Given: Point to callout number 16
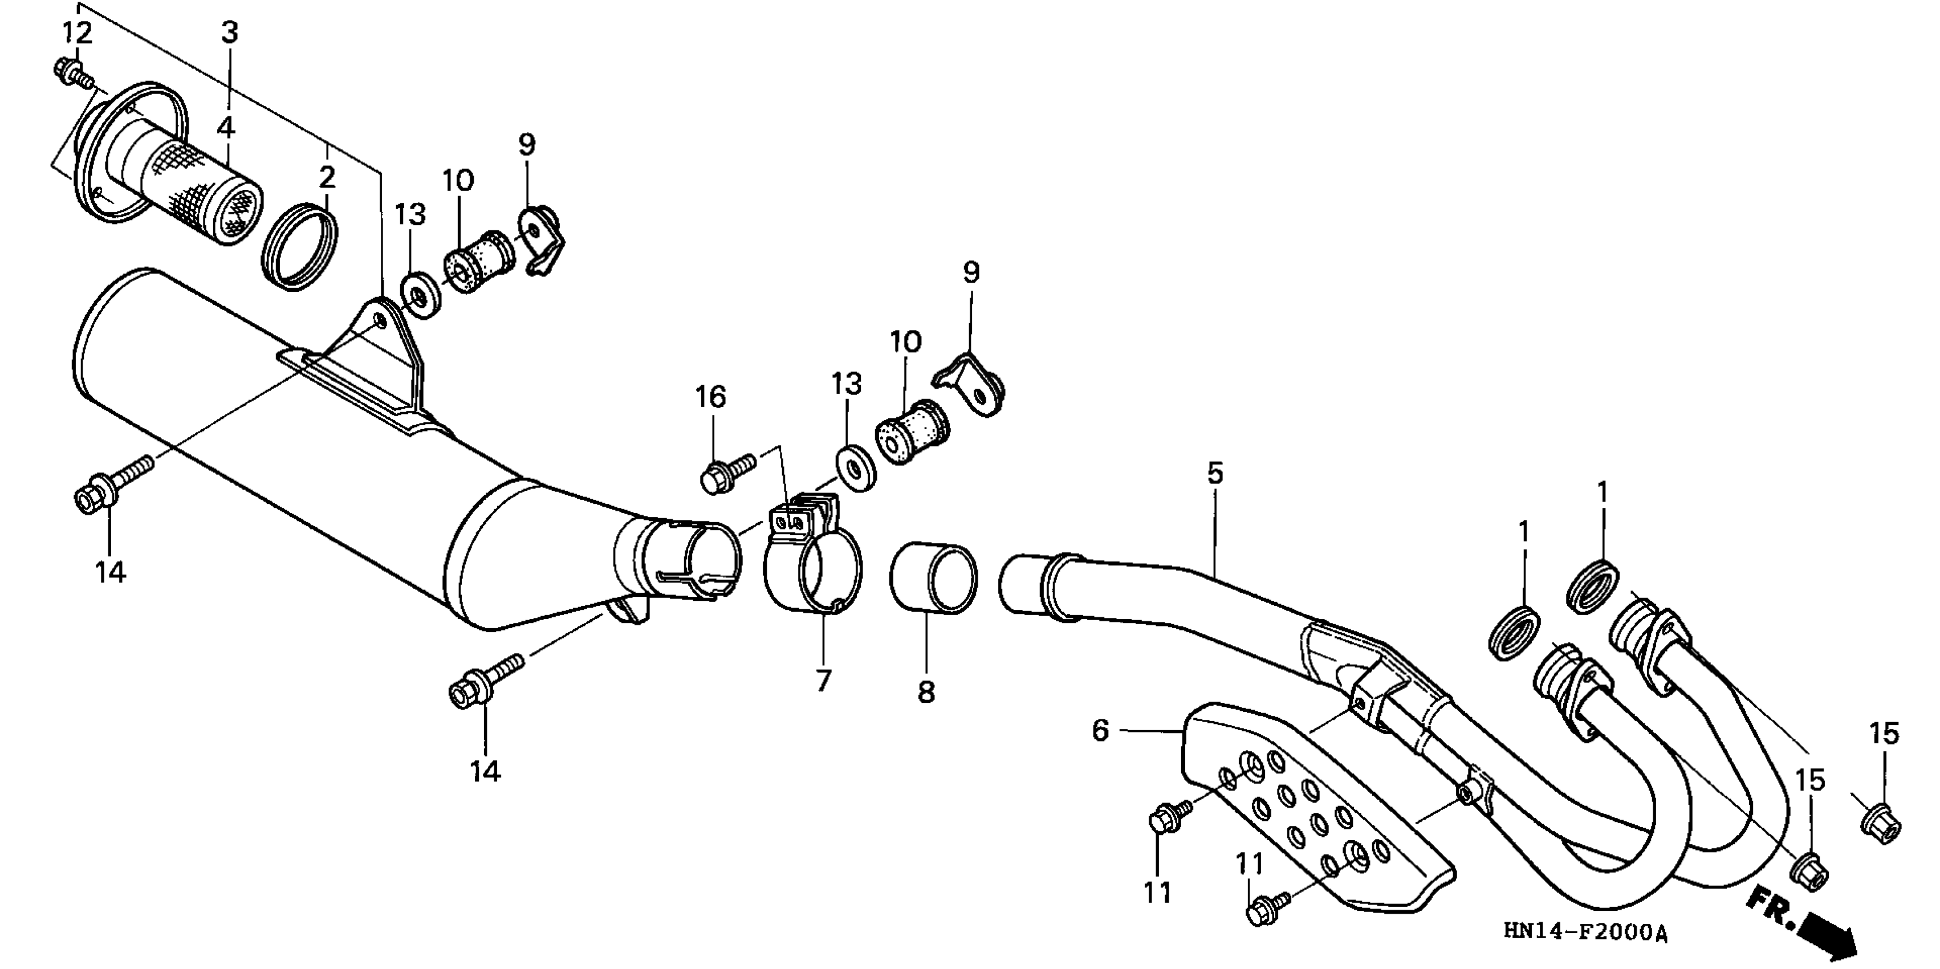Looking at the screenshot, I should [x=710, y=397].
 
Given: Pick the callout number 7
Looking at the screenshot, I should [x=823, y=681].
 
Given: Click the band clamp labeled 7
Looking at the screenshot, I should [x=814, y=572].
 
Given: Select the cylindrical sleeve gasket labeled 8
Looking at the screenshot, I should [x=934, y=577].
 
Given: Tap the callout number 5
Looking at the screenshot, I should [x=1215, y=474].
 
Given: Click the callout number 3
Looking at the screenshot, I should [x=229, y=32].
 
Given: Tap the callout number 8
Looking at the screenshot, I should [x=926, y=692].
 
